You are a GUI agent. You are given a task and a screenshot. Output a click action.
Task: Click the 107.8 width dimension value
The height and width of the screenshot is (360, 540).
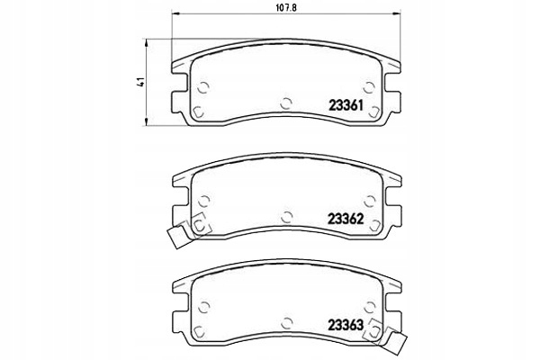(286, 7)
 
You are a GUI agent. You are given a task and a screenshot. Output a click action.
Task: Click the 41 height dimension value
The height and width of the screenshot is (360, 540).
(140, 82)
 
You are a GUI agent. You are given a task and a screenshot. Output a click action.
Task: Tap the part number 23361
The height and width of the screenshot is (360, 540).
(346, 105)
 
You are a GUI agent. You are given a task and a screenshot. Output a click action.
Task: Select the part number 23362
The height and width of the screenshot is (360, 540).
(346, 219)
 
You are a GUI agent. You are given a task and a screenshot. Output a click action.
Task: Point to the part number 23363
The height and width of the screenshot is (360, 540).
(346, 325)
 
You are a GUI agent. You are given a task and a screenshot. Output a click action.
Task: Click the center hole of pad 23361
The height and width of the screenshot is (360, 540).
(286, 103)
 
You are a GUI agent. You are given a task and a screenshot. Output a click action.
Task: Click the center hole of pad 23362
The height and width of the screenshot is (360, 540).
(286, 217)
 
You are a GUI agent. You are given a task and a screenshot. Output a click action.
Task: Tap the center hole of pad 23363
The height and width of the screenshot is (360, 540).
(286, 323)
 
